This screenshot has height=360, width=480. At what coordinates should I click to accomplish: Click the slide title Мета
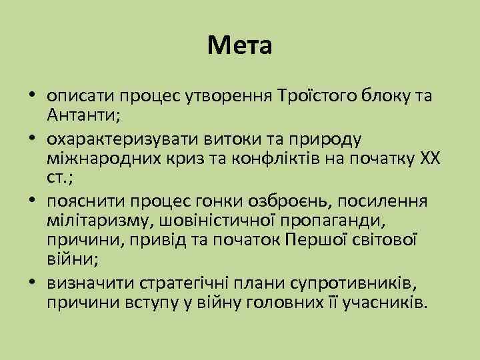(x=239, y=46)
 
